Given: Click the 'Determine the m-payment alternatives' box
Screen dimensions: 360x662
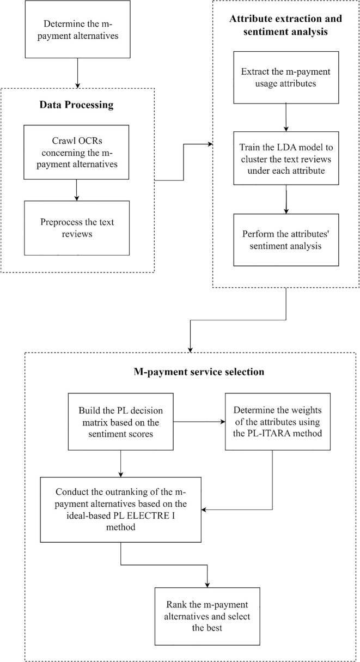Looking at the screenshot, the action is click(x=78, y=29).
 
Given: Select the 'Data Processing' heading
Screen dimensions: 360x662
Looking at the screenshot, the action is click(x=76, y=105).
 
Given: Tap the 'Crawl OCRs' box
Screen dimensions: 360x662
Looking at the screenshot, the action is click(x=76, y=152).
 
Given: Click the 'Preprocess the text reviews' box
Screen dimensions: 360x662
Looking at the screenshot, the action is click(x=77, y=228).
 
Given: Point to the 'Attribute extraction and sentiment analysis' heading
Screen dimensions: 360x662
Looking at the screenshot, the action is click(x=285, y=25).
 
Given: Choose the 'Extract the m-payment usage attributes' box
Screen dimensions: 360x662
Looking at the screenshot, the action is click(x=286, y=77).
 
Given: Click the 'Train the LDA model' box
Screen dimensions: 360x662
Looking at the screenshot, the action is click(x=286, y=159).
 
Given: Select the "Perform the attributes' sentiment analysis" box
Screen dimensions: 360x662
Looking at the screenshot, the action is click(x=286, y=240).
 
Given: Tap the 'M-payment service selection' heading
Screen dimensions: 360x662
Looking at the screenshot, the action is click(x=199, y=372).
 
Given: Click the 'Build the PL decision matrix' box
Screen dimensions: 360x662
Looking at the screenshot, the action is click(x=121, y=422).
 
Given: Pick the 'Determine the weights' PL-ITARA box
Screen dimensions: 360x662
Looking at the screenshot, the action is click(x=278, y=422).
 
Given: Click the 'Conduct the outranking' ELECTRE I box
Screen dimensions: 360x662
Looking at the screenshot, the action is click(x=121, y=509).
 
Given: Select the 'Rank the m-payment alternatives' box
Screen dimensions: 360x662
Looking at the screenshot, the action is click(x=208, y=616).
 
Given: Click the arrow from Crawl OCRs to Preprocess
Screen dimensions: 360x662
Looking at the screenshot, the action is click(x=76, y=190).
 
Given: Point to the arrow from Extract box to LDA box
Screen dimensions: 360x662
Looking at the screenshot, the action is click(x=286, y=118).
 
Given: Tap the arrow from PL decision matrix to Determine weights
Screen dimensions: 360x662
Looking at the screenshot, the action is click(x=199, y=422).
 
